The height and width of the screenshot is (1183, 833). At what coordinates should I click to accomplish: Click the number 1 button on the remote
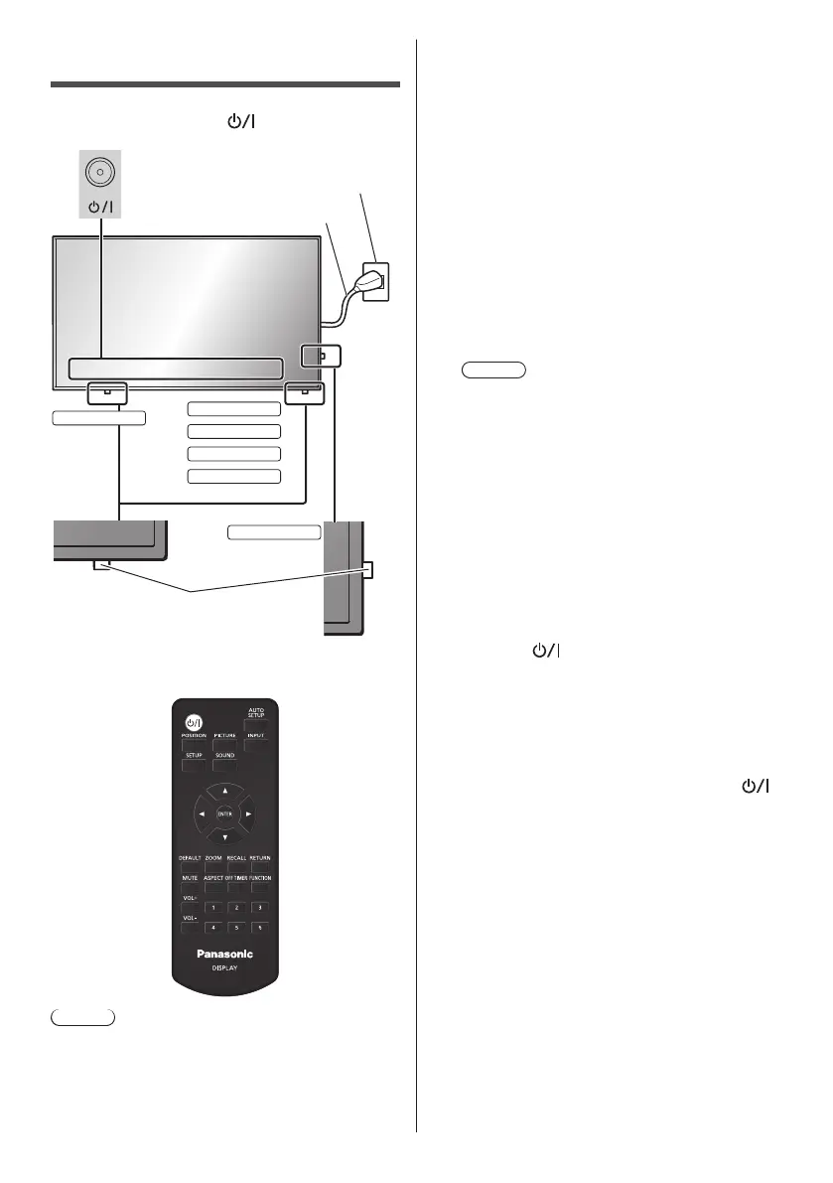click(x=211, y=907)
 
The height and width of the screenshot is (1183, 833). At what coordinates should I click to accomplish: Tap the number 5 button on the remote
click(x=234, y=928)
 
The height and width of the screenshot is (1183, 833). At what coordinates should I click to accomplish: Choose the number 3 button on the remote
click(x=257, y=907)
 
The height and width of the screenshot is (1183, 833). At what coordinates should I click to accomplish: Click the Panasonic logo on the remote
click(x=224, y=955)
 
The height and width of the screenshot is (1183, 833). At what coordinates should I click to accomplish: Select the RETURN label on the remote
click(x=259, y=856)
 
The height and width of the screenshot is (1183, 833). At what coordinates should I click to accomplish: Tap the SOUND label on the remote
click(x=224, y=756)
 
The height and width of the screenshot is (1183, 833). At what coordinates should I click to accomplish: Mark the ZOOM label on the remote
click(x=213, y=856)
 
